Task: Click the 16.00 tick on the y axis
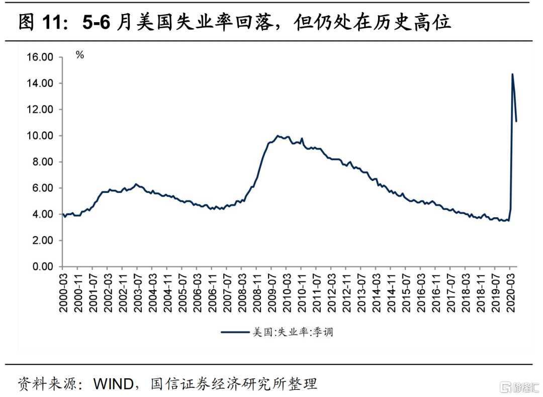[40, 57]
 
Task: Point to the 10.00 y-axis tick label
[40, 136]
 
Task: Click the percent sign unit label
[80, 55]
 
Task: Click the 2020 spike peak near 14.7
[512, 75]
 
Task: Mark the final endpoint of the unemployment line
[516, 121]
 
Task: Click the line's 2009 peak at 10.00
[277, 136]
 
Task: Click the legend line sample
[236, 332]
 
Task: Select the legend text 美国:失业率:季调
[292, 332]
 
